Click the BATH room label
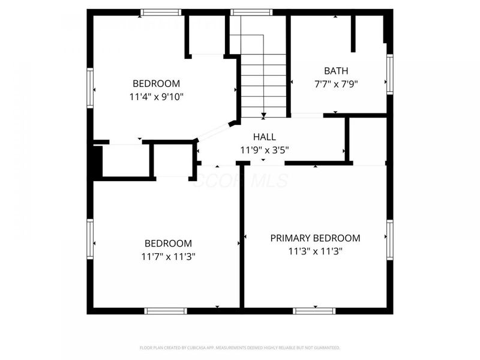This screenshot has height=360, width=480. pyautogui.click(x=335, y=70)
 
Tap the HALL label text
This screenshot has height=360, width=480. pyautogui.click(x=265, y=137)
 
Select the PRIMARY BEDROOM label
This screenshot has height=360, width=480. pyautogui.click(x=315, y=238)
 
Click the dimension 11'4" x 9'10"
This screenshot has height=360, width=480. pyautogui.click(x=156, y=96)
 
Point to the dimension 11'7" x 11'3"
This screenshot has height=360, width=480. pyautogui.click(x=168, y=256)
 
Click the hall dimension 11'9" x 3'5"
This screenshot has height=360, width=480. pyautogui.click(x=265, y=149)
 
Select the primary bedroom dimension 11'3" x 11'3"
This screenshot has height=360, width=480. pyautogui.click(x=315, y=251)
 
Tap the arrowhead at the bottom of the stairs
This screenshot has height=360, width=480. pyautogui.click(x=263, y=115)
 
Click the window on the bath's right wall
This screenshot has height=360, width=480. pyautogui.click(x=390, y=74)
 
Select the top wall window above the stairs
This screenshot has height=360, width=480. pyautogui.click(x=251, y=12)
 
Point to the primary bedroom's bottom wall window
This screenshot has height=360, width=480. pyautogui.click(x=314, y=311)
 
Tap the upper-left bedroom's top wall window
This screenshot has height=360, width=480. pyautogui.click(x=161, y=12)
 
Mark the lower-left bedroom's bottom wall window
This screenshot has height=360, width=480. pyautogui.click(x=166, y=311)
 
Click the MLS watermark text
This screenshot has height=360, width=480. pyautogui.click(x=240, y=181)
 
